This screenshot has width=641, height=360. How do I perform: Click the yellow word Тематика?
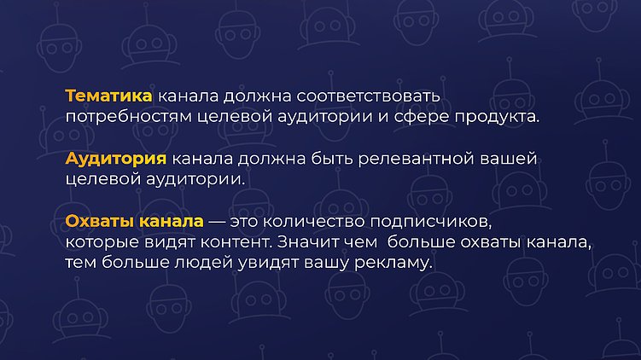coord(108,95)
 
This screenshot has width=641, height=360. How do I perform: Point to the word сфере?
coord(422,116)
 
